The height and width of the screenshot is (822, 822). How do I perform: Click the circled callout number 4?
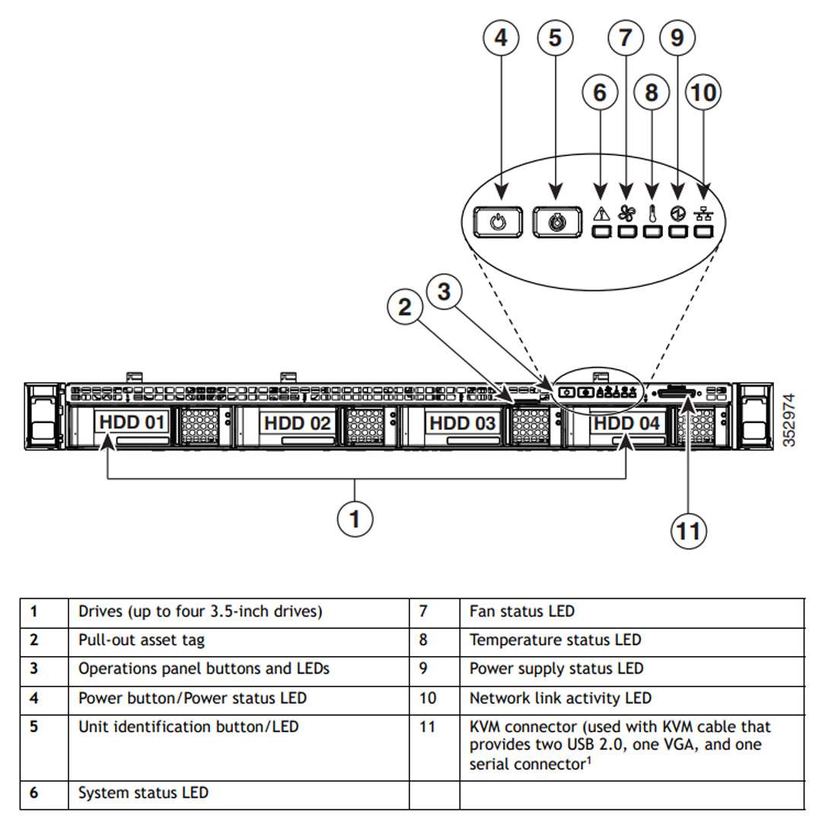click(x=501, y=37)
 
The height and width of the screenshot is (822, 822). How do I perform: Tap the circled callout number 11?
click(x=689, y=530)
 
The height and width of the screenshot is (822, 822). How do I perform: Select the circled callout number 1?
click(x=355, y=520)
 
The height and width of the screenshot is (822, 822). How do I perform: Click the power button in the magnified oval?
click(x=497, y=223)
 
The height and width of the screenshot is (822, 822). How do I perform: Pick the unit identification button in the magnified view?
click(x=557, y=223)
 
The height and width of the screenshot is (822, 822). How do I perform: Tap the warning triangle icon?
click(x=601, y=214)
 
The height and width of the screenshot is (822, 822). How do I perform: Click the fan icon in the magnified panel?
click(x=626, y=213)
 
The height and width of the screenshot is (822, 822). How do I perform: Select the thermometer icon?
click(x=652, y=213)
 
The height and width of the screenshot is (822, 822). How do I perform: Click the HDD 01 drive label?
click(x=132, y=422)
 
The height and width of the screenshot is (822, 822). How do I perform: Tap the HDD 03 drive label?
click(x=463, y=422)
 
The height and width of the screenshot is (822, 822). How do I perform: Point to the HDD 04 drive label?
click(x=626, y=422)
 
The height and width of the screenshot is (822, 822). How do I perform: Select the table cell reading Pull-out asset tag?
click(x=142, y=640)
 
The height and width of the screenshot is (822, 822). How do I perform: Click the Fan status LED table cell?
click(x=522, y=611)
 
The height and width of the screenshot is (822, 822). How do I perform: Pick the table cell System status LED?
click(x=143, y=793)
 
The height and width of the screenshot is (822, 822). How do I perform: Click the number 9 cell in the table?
click(x=423, y=668)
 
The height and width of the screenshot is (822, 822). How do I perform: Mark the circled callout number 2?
click(x=405, y=307)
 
